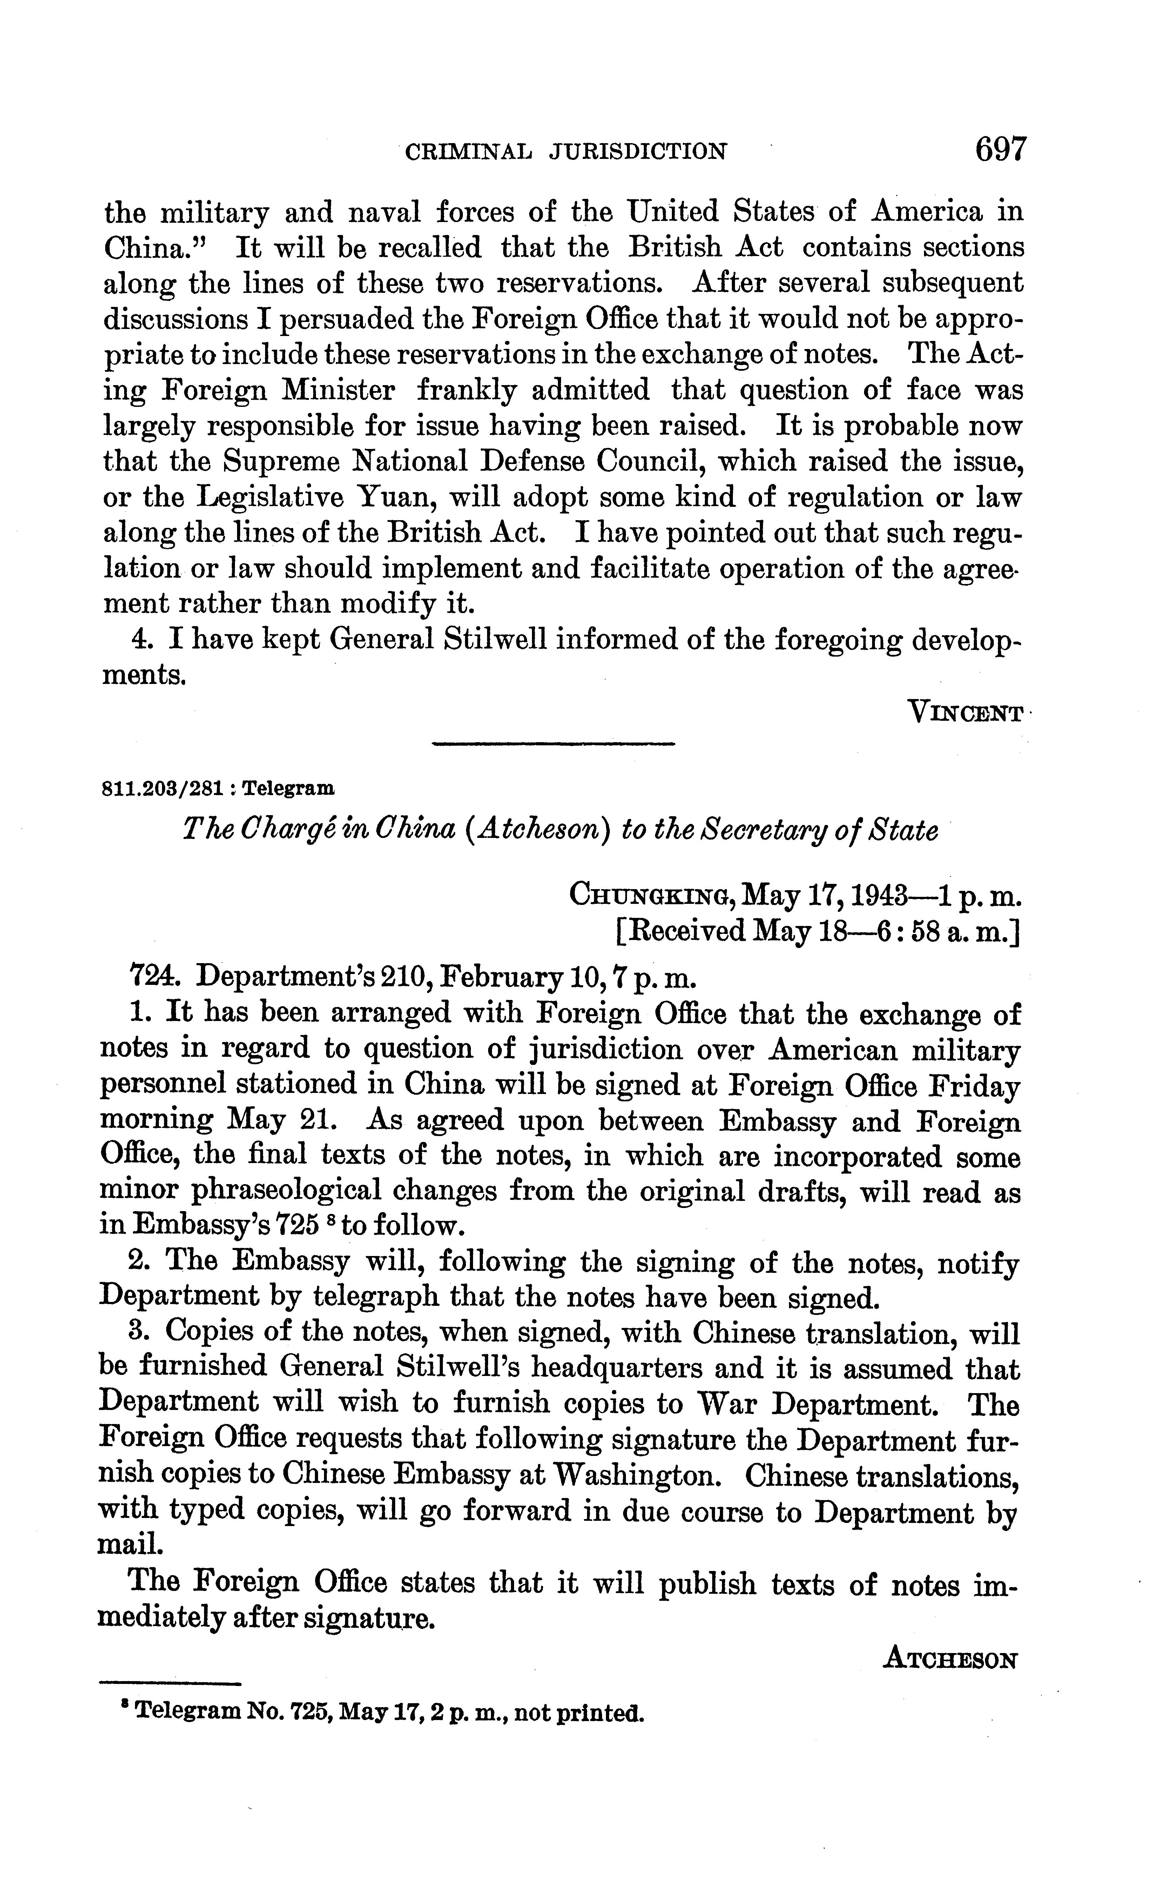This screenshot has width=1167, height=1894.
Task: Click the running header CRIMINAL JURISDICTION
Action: [566, 151]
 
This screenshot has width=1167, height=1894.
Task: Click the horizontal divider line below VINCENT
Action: [553, 744]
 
